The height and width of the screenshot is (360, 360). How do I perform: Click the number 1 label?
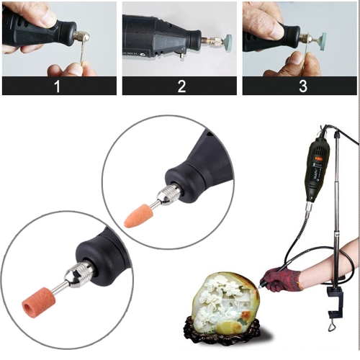point(57,86)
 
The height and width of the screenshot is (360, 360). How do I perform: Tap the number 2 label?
point(181,86)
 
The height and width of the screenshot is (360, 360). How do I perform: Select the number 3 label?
point(303,86)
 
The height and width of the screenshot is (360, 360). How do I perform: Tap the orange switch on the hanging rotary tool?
point(319,158)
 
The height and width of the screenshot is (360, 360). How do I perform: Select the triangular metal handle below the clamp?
point(332,326)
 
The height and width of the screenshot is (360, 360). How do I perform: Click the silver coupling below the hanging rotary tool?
point(309,207)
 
